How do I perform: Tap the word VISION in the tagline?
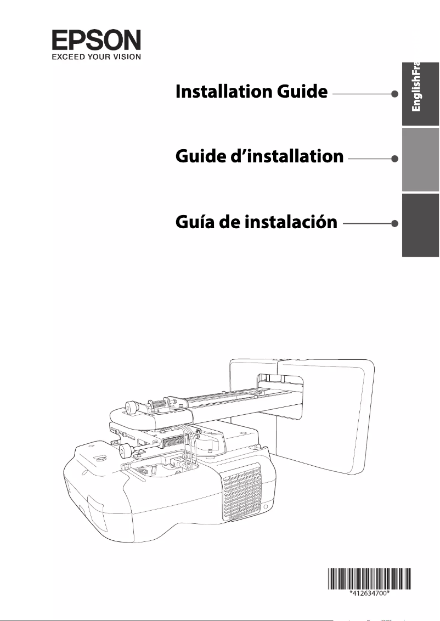pos(125,55)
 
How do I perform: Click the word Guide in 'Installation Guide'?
pos(302,92)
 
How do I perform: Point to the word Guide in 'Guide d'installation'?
pos(200,157)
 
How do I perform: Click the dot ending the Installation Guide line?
pos(394,94)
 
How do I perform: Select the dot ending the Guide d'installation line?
pos(394,159)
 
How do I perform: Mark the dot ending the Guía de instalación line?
pos(394,223)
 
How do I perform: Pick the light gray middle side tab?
pos(420,159)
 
